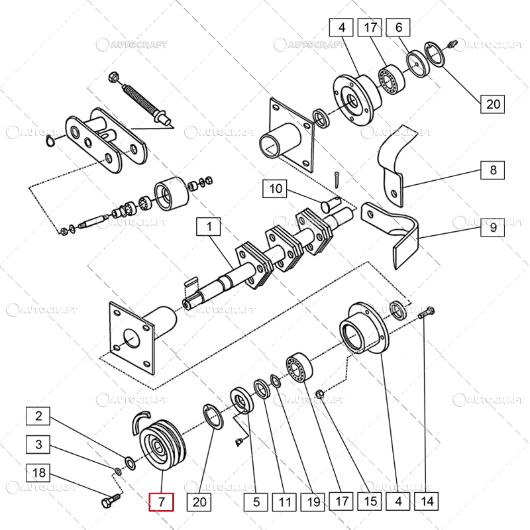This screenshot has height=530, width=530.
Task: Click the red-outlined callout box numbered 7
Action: pos(161,502)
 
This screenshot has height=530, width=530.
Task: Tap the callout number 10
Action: pos(276,189)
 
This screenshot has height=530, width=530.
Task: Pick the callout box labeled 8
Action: pos(493,170)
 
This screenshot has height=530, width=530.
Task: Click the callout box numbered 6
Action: pos(398,28)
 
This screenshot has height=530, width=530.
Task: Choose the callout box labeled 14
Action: pos(426,502)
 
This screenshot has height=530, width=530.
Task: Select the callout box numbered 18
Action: pos(39,472)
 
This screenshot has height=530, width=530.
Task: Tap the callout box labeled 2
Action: pos(39,417)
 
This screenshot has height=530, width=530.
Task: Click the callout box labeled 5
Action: pos(256,502)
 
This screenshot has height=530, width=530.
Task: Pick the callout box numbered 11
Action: pos(285,502)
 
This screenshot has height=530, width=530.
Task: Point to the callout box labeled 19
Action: pos(313,502)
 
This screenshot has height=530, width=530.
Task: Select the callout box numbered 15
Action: pos(370,502)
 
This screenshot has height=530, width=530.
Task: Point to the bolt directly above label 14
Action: pos(427,311)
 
